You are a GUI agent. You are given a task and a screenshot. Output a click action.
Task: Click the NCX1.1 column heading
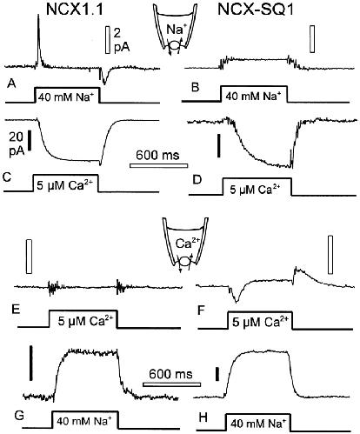74,10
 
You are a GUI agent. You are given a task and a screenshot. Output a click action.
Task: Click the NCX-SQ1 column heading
256,10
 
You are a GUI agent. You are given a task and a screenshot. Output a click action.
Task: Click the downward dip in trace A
103,76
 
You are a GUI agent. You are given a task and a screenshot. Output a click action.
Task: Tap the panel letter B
196,87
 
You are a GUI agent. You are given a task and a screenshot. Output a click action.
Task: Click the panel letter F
201,310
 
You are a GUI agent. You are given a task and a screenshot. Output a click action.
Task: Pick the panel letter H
203,417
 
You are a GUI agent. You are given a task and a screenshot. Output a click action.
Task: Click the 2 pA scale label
122,40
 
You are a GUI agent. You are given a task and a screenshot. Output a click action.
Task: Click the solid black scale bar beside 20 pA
30,140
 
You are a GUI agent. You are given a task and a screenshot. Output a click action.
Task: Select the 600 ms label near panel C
157,155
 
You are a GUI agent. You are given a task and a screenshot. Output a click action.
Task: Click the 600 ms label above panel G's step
170,374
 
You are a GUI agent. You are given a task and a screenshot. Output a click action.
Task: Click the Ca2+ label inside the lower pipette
187,243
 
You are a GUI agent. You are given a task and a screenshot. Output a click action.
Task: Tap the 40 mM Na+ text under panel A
67,97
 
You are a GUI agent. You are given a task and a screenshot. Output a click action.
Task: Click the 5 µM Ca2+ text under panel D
255,190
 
